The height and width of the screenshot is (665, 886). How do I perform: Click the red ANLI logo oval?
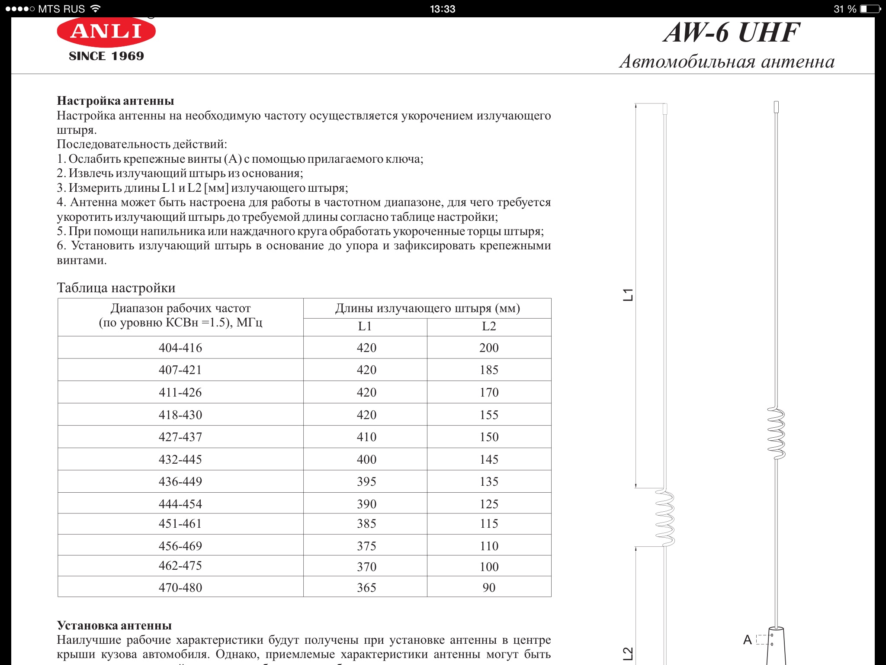click(106, 32)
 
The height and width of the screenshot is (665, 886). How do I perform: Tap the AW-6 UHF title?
click(732, 32)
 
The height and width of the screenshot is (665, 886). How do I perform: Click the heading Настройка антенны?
click(116, 101)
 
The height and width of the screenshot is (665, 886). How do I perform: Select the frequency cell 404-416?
click(180, 348)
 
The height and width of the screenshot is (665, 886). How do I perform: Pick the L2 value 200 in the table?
click(489, 348)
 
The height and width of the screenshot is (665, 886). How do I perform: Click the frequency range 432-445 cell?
click(180, 459)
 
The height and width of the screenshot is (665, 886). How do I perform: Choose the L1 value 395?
click(366, 481)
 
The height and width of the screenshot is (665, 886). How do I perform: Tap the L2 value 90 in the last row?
click(489, 588)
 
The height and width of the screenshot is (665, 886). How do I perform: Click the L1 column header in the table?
click(365, 326)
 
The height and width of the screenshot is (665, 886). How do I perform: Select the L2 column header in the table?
click(489, 326)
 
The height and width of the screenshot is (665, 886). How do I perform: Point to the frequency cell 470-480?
click(180, 588)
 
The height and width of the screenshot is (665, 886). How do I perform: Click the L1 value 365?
click(366, 588)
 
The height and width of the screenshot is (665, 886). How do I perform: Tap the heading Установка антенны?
click(114, 626)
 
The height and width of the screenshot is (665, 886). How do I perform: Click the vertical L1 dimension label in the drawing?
click(628, 294)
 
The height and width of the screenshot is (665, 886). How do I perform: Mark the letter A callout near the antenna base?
click(747, 639)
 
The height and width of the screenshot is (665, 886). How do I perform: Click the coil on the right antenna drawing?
click(777, 433)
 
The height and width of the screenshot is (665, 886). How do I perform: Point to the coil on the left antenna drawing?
click(665, 517)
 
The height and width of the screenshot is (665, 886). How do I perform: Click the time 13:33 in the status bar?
click(443, 9)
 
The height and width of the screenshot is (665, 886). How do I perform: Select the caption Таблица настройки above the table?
click(116, 288)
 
